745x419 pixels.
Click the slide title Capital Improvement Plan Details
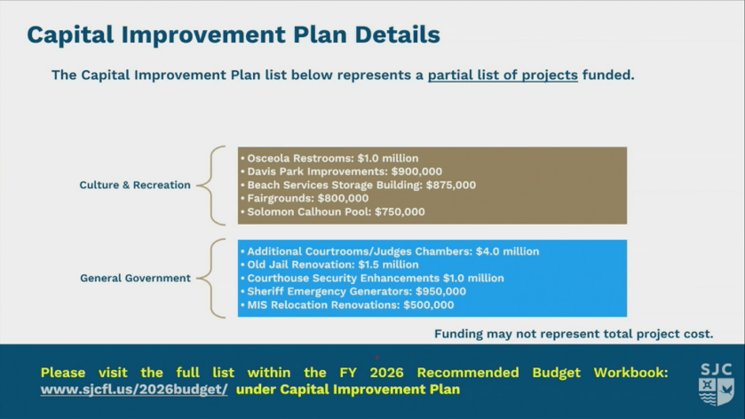pyautogui.click(x=234, y=35)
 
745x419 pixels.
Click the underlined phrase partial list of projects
pyautogui.click(x=503, y=75)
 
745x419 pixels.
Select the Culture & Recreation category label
pyautogui.click(x=135, y=185)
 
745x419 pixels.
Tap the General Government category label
pyautogui.click(x=135, y=278)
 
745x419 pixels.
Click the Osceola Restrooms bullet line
pyautogui.click(x=329, y=158)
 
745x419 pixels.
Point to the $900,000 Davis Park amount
pyautogui.click(x=416, y=171)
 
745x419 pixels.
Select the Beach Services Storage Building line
pyautogui.click(x=358, y=185)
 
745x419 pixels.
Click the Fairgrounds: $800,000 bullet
pyautogui.click(x=305, y=198)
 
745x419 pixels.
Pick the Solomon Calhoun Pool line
pyautogui.click(x=333, y=211)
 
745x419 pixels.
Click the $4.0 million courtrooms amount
pyautogui.click(x=507, y=251)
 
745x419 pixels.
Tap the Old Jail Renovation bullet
pyautogui.click(x=329, y=265)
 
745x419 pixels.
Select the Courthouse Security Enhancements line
pyautogui.click(x=373, y=278)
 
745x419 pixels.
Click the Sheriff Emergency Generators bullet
pyautogui.click(x=353, y=291)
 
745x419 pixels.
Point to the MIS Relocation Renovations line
pyautogui.click(x=347, y=304)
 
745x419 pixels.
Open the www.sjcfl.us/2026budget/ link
pyautogui.click(x=134, y=390)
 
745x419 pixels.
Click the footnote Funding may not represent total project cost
pyautogui.click(x=574, y=334)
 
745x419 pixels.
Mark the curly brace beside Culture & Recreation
pyautogui.click(x=211, y=186)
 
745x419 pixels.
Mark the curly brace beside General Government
pyautogui.click(x=211, y=279)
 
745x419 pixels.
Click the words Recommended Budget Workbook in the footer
pyautogui.click(x=543, y=373)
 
